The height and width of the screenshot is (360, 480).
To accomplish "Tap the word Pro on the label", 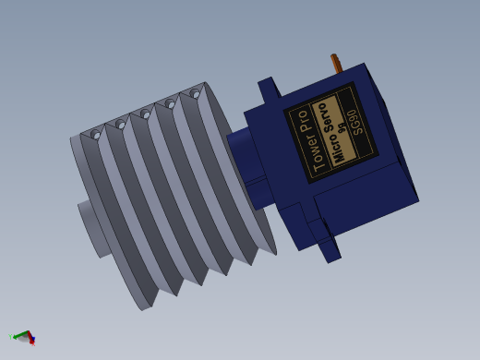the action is click(303, 118).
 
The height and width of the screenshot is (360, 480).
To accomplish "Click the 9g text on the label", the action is click(342, 127).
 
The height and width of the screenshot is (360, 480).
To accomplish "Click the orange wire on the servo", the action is click(337, 63).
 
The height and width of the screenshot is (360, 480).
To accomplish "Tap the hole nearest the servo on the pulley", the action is click(195, 93).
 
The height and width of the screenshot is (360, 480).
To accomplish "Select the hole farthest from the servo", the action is click(95, 135).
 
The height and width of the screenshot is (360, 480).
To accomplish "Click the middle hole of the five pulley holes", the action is click(145, 114).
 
